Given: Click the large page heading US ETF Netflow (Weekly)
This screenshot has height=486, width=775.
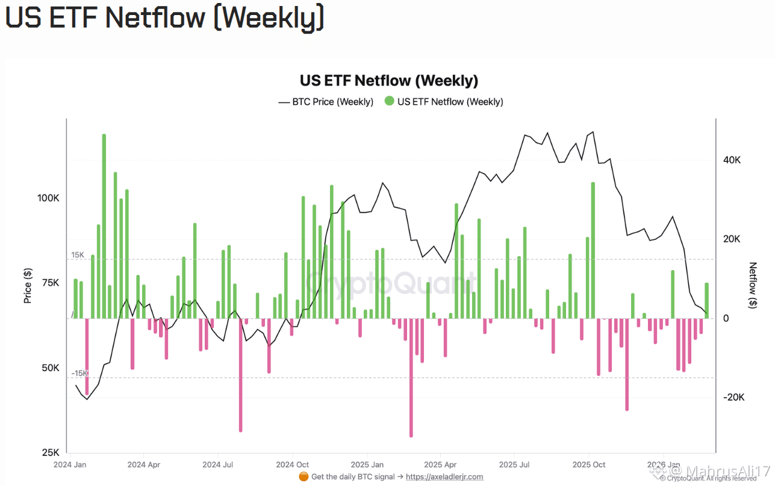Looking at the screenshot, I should pos(164,17).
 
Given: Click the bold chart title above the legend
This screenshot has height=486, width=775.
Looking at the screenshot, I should pos(388,81).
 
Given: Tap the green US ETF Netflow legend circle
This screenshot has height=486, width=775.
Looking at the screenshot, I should pos(389,102).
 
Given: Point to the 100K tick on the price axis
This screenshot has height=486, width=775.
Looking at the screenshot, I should pos(48,198).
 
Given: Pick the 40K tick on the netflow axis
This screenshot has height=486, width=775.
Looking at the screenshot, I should pos(732,160).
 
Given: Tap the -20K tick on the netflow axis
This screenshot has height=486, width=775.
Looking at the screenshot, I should pos(733,397).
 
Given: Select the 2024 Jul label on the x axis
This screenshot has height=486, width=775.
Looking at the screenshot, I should pos(218,464).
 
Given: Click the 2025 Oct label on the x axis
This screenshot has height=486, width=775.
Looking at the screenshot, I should pos(589,464).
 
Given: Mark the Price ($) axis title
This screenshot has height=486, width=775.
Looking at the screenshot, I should pos(28,285).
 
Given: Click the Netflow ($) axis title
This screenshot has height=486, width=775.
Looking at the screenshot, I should pos(753,285).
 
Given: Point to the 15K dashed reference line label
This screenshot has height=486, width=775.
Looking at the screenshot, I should pos(78,255).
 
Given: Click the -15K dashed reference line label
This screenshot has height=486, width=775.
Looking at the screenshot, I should pos(79,374).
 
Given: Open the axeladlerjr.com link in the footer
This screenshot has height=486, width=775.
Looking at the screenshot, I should pos(444,476).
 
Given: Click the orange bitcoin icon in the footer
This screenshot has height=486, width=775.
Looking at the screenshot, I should pos(303,476).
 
